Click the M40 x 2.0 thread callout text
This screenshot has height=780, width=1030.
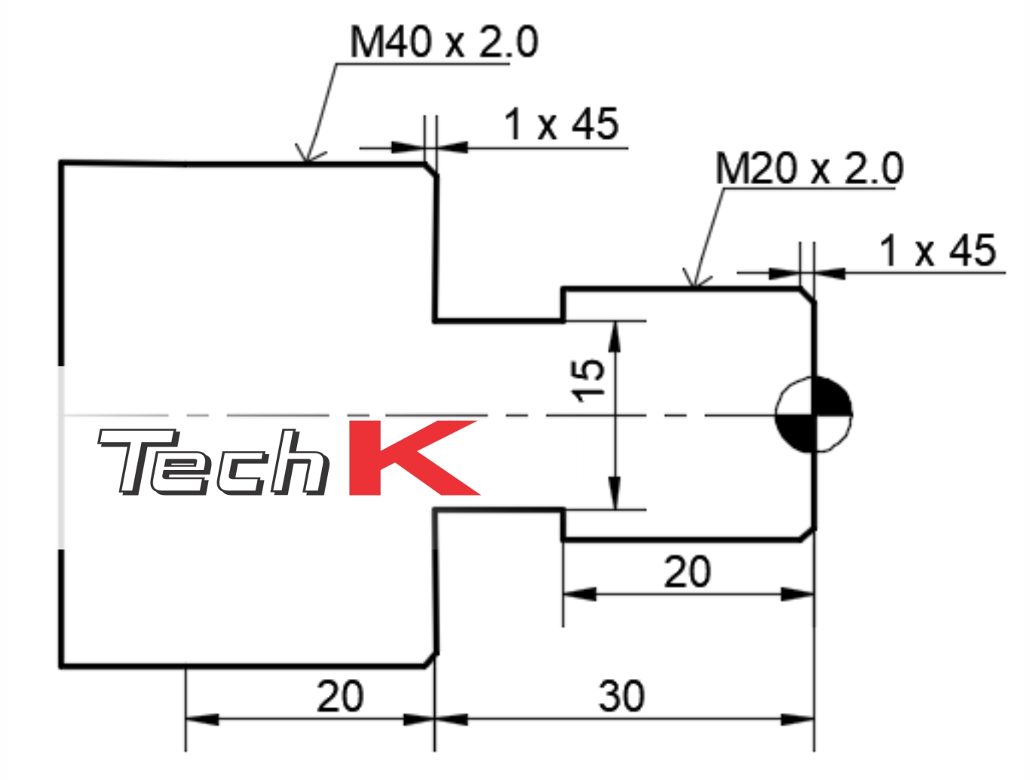(443, 42)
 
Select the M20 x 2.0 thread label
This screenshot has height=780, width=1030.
(808, 168)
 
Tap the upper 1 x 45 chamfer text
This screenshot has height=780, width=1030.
(561, 124)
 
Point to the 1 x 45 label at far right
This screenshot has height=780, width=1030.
(937, 250)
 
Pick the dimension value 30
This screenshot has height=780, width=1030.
(621, 696)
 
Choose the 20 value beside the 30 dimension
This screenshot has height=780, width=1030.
(339, 696)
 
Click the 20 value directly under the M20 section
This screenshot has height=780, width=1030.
(687, 572)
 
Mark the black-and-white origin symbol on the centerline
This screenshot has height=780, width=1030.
(814, 414)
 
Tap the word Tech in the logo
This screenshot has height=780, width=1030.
(213, 462)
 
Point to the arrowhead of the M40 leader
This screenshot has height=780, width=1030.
(307, 156)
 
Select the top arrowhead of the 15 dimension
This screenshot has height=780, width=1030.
(615, 333)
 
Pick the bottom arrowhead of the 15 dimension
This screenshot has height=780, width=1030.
(615, 499)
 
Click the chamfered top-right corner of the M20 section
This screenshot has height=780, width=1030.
(808, 295)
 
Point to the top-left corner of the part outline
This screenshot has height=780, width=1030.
(61, 162)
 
